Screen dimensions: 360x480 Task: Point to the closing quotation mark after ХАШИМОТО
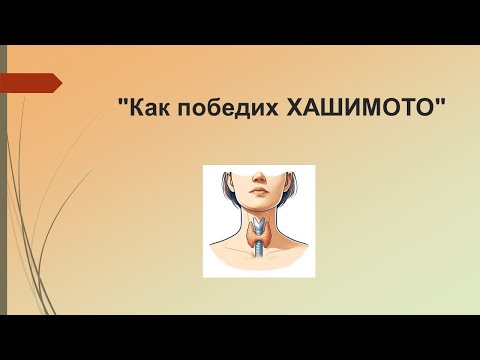tap(439, 103)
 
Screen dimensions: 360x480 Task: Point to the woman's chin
tap(258, 204)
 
